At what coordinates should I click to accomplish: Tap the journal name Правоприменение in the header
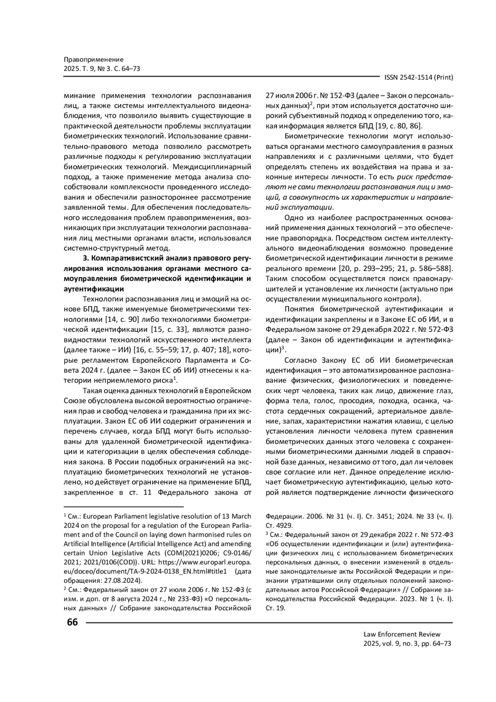[x=94, y=60]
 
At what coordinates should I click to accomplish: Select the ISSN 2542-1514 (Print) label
[x=418, y=77]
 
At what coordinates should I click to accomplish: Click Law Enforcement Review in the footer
[x=402, y=634]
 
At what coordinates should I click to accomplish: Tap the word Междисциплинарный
[x=212, y=167]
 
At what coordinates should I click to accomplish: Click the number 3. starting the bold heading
[x=86, y=259]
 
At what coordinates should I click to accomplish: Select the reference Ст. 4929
[x=279, y=525]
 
